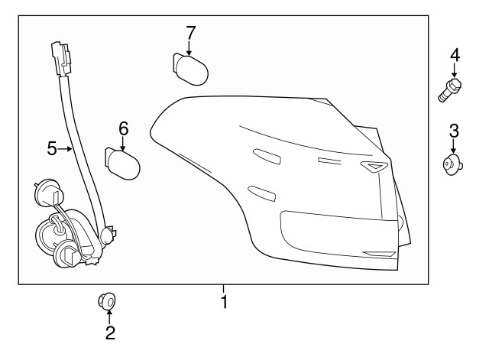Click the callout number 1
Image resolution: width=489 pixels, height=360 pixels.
point(224,302)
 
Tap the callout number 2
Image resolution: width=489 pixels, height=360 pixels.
point(110,332)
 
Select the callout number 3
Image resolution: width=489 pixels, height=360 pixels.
point(453,129)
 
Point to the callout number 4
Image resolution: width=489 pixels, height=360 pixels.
point(455,54)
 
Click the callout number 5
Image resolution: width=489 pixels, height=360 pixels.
point(52,148)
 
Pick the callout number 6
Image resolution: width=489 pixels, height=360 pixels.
point(123,128)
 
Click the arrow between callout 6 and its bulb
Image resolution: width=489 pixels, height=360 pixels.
point(123,143)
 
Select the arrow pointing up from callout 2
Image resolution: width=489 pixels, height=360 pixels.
point(110,316)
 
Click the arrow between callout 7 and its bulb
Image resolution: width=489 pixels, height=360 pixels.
point(190,47)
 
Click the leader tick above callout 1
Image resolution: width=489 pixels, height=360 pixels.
point(224,288)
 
